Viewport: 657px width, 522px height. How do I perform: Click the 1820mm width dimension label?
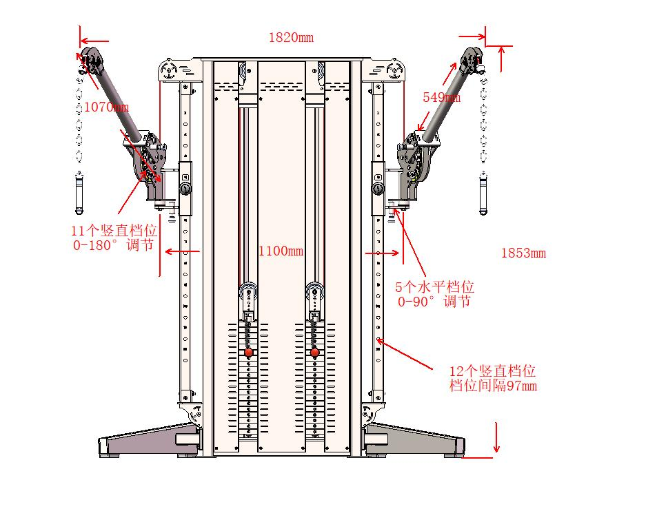pyautogui.click(x=291, y=38)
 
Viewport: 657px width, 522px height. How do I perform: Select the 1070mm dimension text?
pyautogui.click(x=105, y=107)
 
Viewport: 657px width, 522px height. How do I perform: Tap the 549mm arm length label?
pyautogui.click(x=441, y=98)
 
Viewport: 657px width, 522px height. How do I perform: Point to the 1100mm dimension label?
pyautogui.click(x=281, y=251)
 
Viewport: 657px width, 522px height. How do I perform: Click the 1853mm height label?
pyautogui.click(x=523, y=253)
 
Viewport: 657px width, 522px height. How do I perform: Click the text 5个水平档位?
pyautogui.click(x=434, y=287)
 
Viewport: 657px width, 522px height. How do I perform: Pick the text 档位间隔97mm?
pyautogui.click(x=493, y=386)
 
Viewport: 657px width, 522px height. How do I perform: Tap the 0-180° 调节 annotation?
pyautogui.click(x=114, y=246)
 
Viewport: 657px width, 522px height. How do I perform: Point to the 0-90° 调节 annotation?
pyautogui.click(x=434, y=302)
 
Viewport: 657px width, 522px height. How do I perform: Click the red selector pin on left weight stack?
pyautogui.click(x=248, y=353)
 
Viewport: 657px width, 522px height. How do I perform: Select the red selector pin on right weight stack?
pyautogui.click(x=315, y=353)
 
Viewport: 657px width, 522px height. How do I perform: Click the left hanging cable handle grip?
pyautogui.click(x=79, y=194)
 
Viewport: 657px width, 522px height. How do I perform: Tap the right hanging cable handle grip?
pyautogui.click(x=483, y=196)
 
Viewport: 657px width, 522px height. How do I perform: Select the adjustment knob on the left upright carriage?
pyautogui.click(x=185, y=188)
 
